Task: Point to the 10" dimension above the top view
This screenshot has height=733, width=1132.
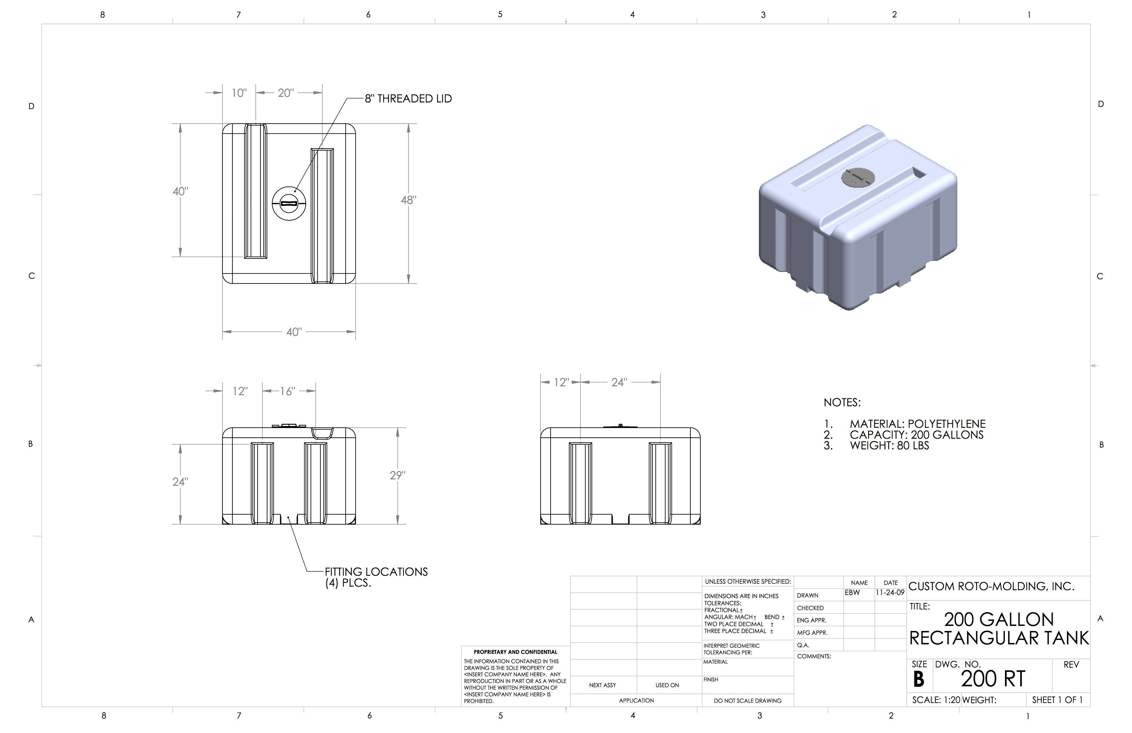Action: pyautogui.click(x=239, y=93)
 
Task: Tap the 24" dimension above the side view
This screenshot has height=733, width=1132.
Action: pyautogui.click(x=619, y=382)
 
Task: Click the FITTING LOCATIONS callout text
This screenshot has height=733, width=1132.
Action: pyautogui.click(x=376, y=577)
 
